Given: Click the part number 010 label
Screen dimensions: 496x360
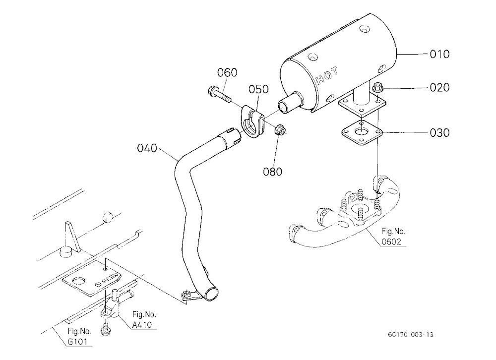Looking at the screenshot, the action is point(439,54).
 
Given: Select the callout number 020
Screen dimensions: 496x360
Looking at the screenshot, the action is point(439,87).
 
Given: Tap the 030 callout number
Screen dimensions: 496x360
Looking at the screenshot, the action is point(439,132).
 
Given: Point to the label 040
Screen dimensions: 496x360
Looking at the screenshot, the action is point(147,148).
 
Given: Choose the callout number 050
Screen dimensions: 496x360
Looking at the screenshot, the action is point(258,89).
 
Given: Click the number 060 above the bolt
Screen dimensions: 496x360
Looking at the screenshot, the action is point(227,72).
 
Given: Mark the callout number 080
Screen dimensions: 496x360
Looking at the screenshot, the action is point(272,172).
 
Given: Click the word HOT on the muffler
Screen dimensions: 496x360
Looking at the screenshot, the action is point(327,76).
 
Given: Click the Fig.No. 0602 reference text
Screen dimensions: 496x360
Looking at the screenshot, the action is point(393,237).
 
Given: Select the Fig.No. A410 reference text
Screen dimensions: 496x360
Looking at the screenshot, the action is point(144,319).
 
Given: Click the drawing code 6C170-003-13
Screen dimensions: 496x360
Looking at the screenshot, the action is point(411,334).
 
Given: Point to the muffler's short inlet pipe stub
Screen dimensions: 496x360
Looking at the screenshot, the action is point(287,102).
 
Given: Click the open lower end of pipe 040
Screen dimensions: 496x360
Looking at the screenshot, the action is point(211,293).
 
